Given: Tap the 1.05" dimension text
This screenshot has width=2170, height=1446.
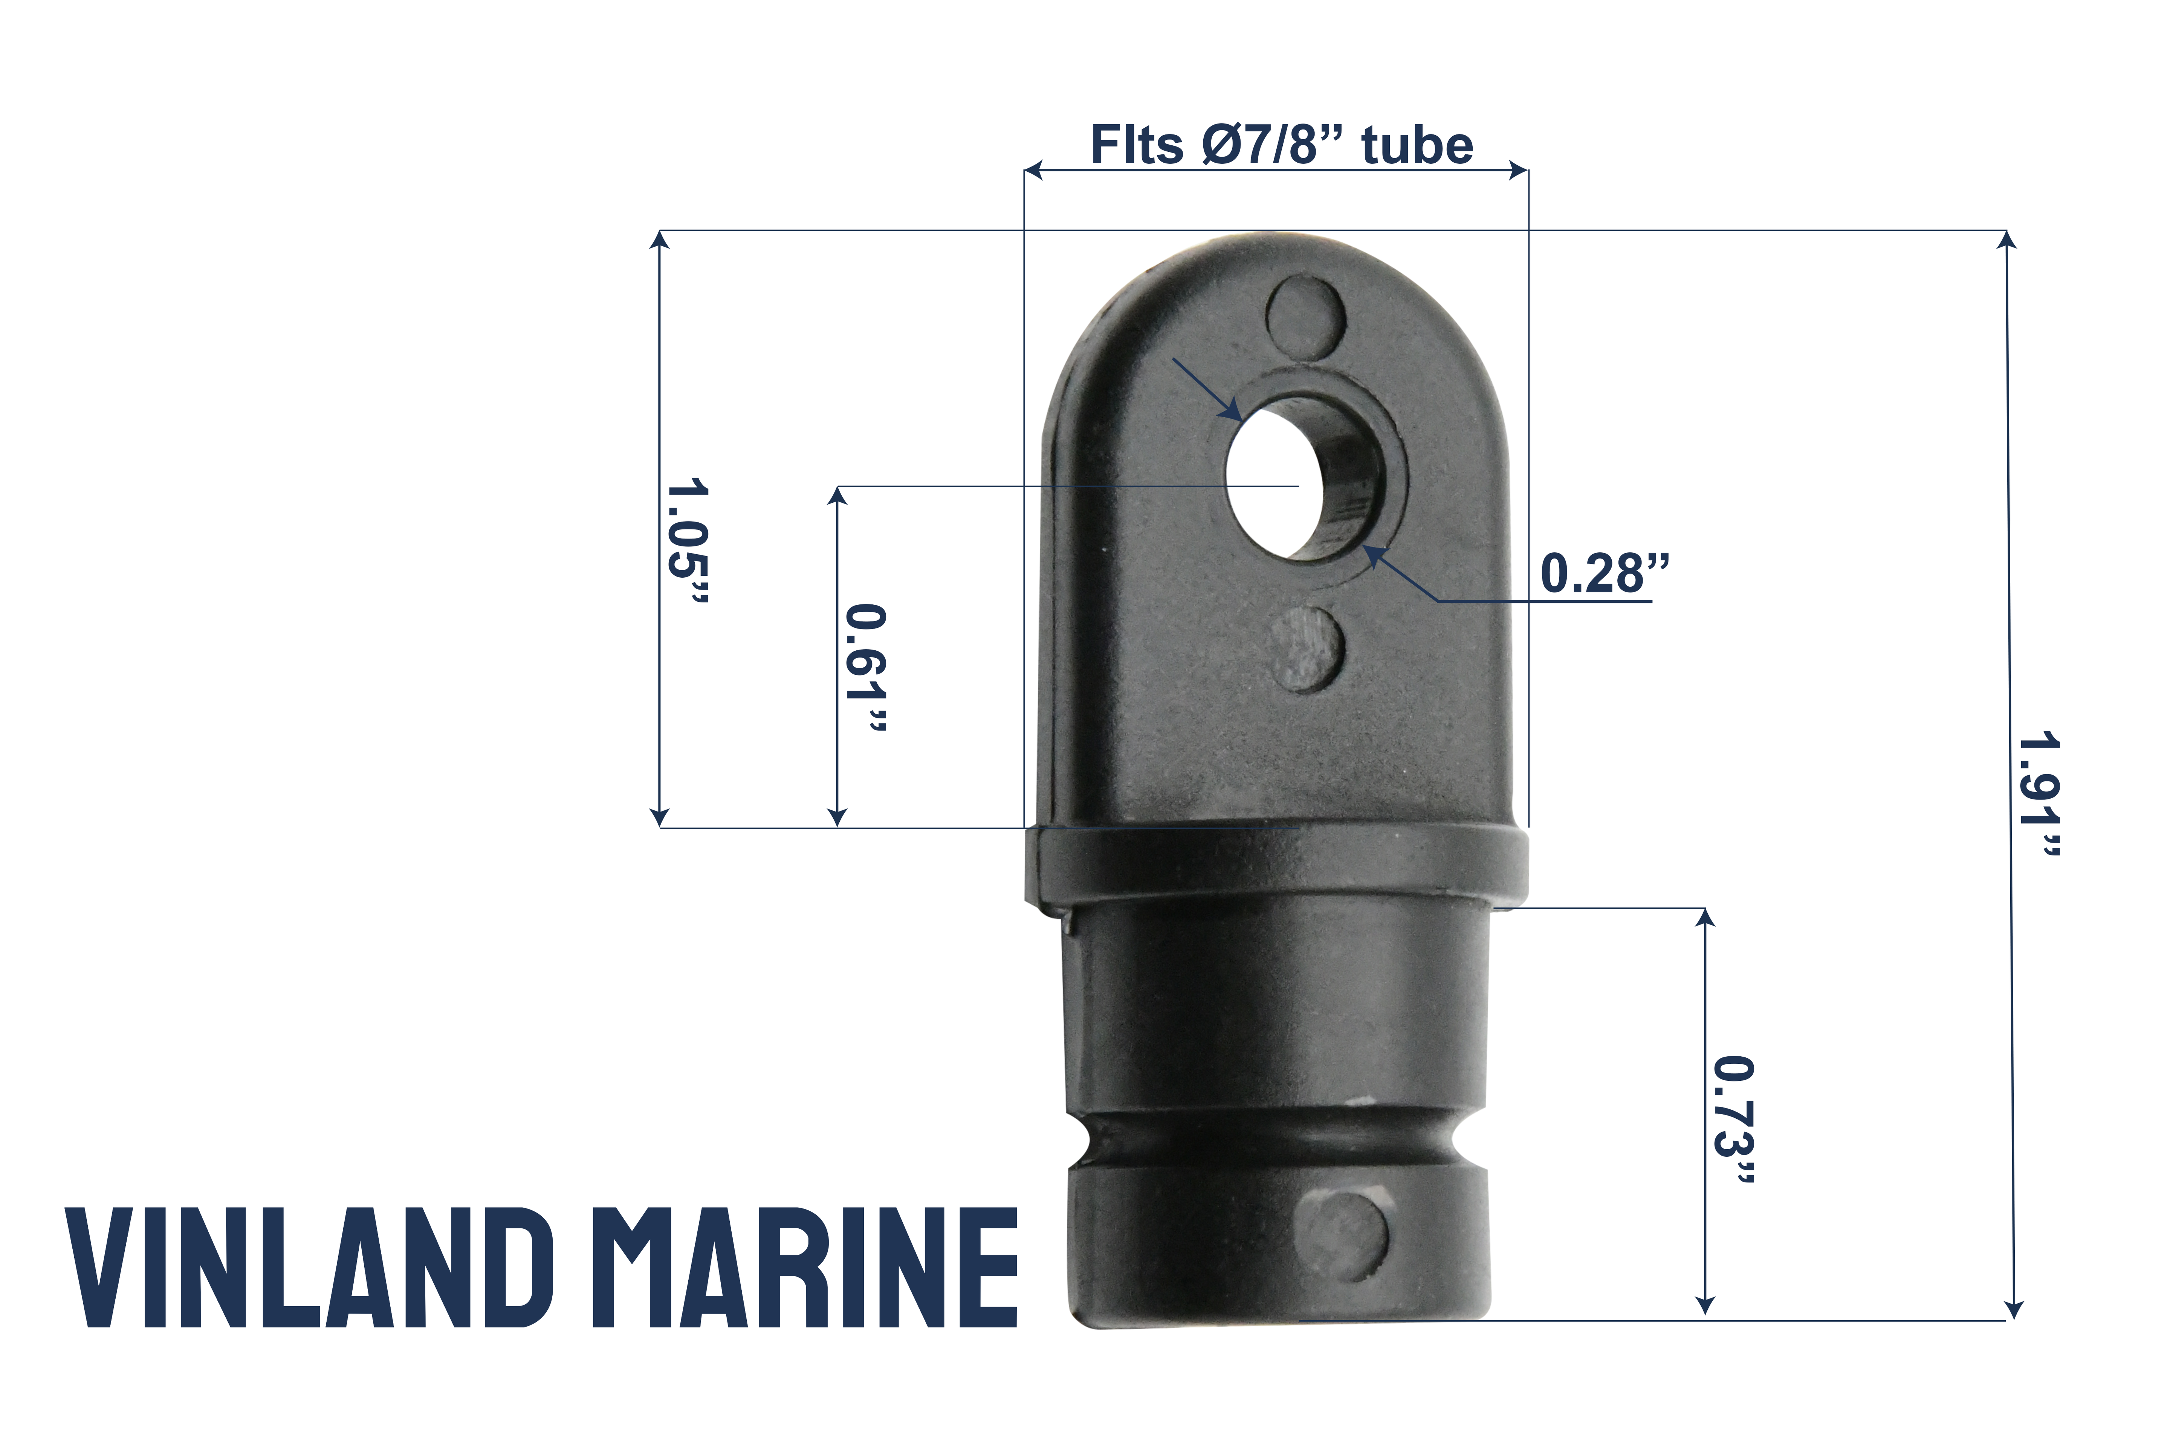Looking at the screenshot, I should tap(687, 541).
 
